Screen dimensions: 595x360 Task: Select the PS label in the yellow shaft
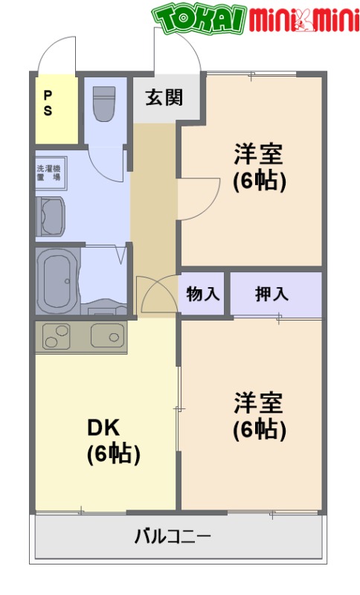pos(48,103)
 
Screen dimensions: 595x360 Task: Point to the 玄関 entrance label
pos(164,97)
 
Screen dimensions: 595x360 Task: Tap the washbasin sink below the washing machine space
pos(51,216)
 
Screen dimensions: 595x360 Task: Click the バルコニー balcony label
pos(173,535)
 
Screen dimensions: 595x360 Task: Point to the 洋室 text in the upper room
pos(259,154)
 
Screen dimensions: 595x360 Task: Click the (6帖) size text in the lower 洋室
pos(259,429)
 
